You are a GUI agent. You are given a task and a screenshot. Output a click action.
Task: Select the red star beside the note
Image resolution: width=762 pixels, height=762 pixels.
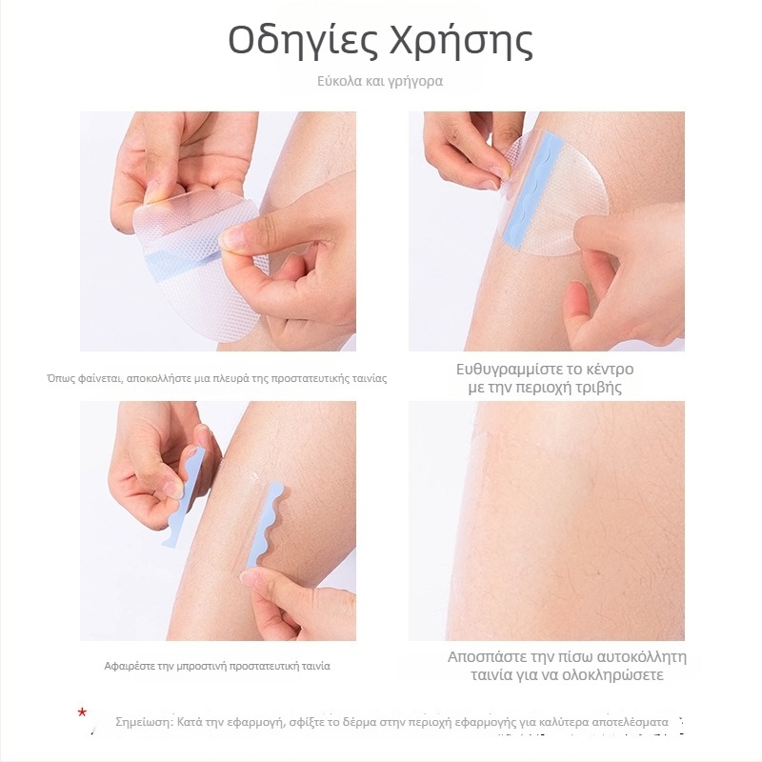click(x=82, y=712)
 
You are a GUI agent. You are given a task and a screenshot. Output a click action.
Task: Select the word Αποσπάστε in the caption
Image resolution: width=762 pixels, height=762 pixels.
click(x=487, y=657)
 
